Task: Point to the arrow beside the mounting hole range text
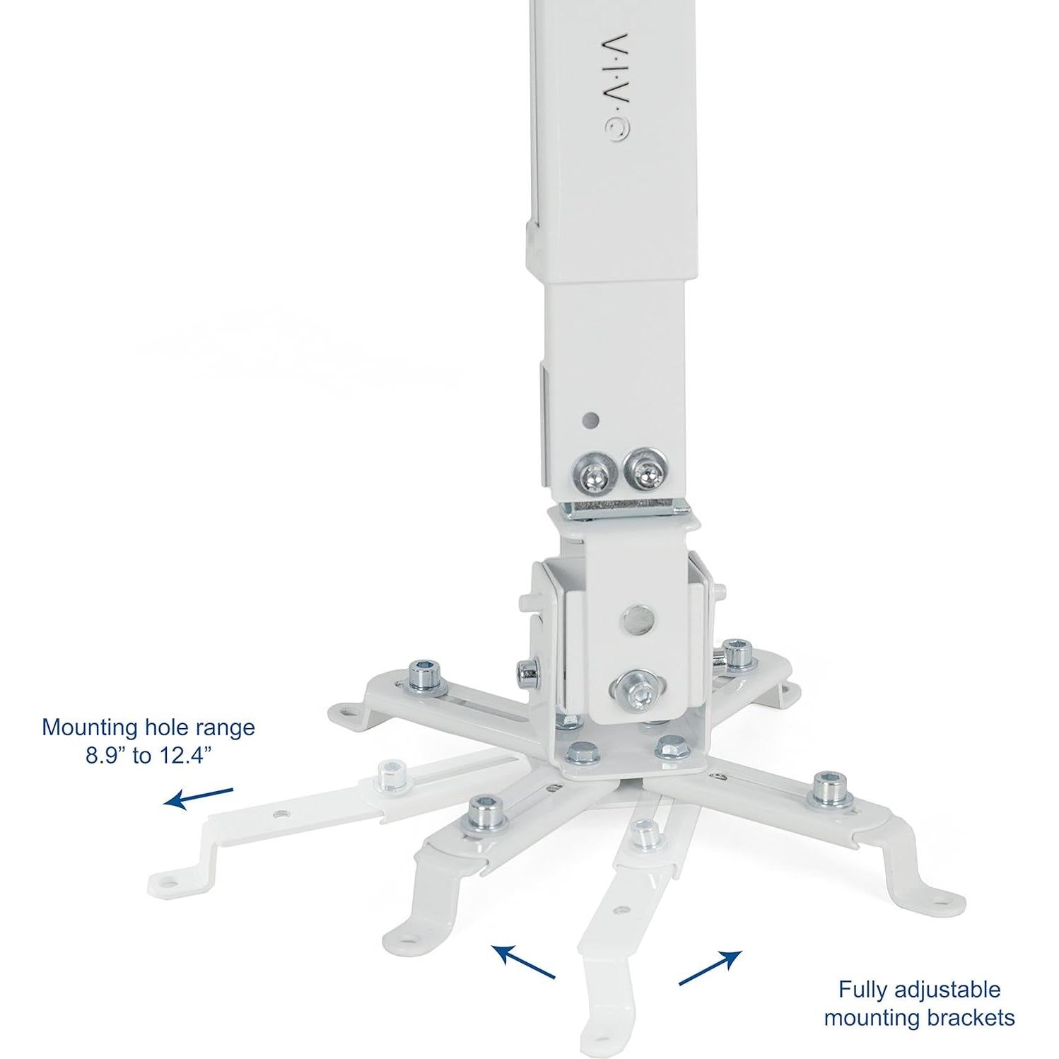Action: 199,797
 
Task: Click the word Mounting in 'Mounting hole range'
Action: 88,727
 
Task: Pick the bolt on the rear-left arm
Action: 426,672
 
